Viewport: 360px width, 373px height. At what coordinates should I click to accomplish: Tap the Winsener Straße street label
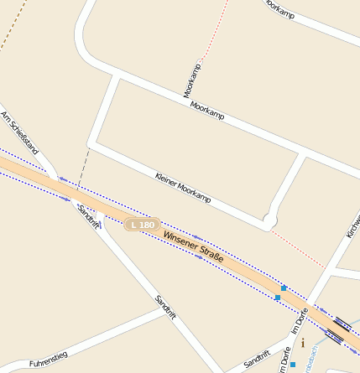(194, 247)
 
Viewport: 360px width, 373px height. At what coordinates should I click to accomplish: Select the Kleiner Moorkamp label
(184, 188)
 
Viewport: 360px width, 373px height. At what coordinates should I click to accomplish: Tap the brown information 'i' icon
(302, 343)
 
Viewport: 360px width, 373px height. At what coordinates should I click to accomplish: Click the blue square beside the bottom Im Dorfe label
(293, 364)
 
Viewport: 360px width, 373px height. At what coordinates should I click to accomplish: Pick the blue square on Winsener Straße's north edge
(284, 288)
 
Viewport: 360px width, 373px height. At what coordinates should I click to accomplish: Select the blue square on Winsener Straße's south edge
(278, 298)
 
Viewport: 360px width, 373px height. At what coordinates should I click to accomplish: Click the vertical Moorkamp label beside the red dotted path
(192, 79)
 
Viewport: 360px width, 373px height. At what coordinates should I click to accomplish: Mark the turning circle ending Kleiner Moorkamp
(269, 221)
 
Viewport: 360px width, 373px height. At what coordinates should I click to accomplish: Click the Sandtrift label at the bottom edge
(256, 360)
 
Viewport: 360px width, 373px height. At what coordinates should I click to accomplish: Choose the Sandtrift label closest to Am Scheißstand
(87, 215)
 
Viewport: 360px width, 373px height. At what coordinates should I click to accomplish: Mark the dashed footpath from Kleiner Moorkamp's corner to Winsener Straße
(82, 171)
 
